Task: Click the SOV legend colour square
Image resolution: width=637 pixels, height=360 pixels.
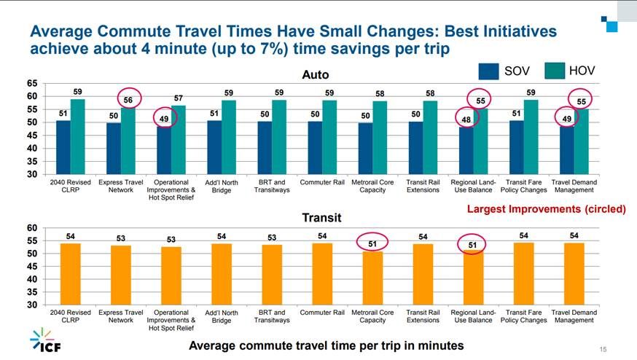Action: coord(489,71)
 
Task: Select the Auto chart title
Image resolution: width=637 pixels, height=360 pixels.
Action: coord(316,75)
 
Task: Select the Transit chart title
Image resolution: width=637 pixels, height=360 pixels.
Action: coord(321,217)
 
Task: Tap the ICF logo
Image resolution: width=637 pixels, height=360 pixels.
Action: coord(44,341)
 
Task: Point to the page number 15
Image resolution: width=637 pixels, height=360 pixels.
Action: coord(602,348)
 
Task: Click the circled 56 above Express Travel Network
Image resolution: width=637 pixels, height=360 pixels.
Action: coord(128,100)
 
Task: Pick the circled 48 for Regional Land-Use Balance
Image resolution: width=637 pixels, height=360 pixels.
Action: coord(466,118)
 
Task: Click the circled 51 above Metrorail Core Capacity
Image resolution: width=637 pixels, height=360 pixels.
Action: coord(372,243)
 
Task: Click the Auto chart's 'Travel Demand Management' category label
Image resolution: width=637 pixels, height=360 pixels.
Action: coord(574,186)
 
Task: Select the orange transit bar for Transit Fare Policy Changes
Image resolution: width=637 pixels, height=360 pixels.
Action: coord(523,273)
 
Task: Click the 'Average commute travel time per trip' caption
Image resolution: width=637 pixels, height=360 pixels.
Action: coord(326,345)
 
